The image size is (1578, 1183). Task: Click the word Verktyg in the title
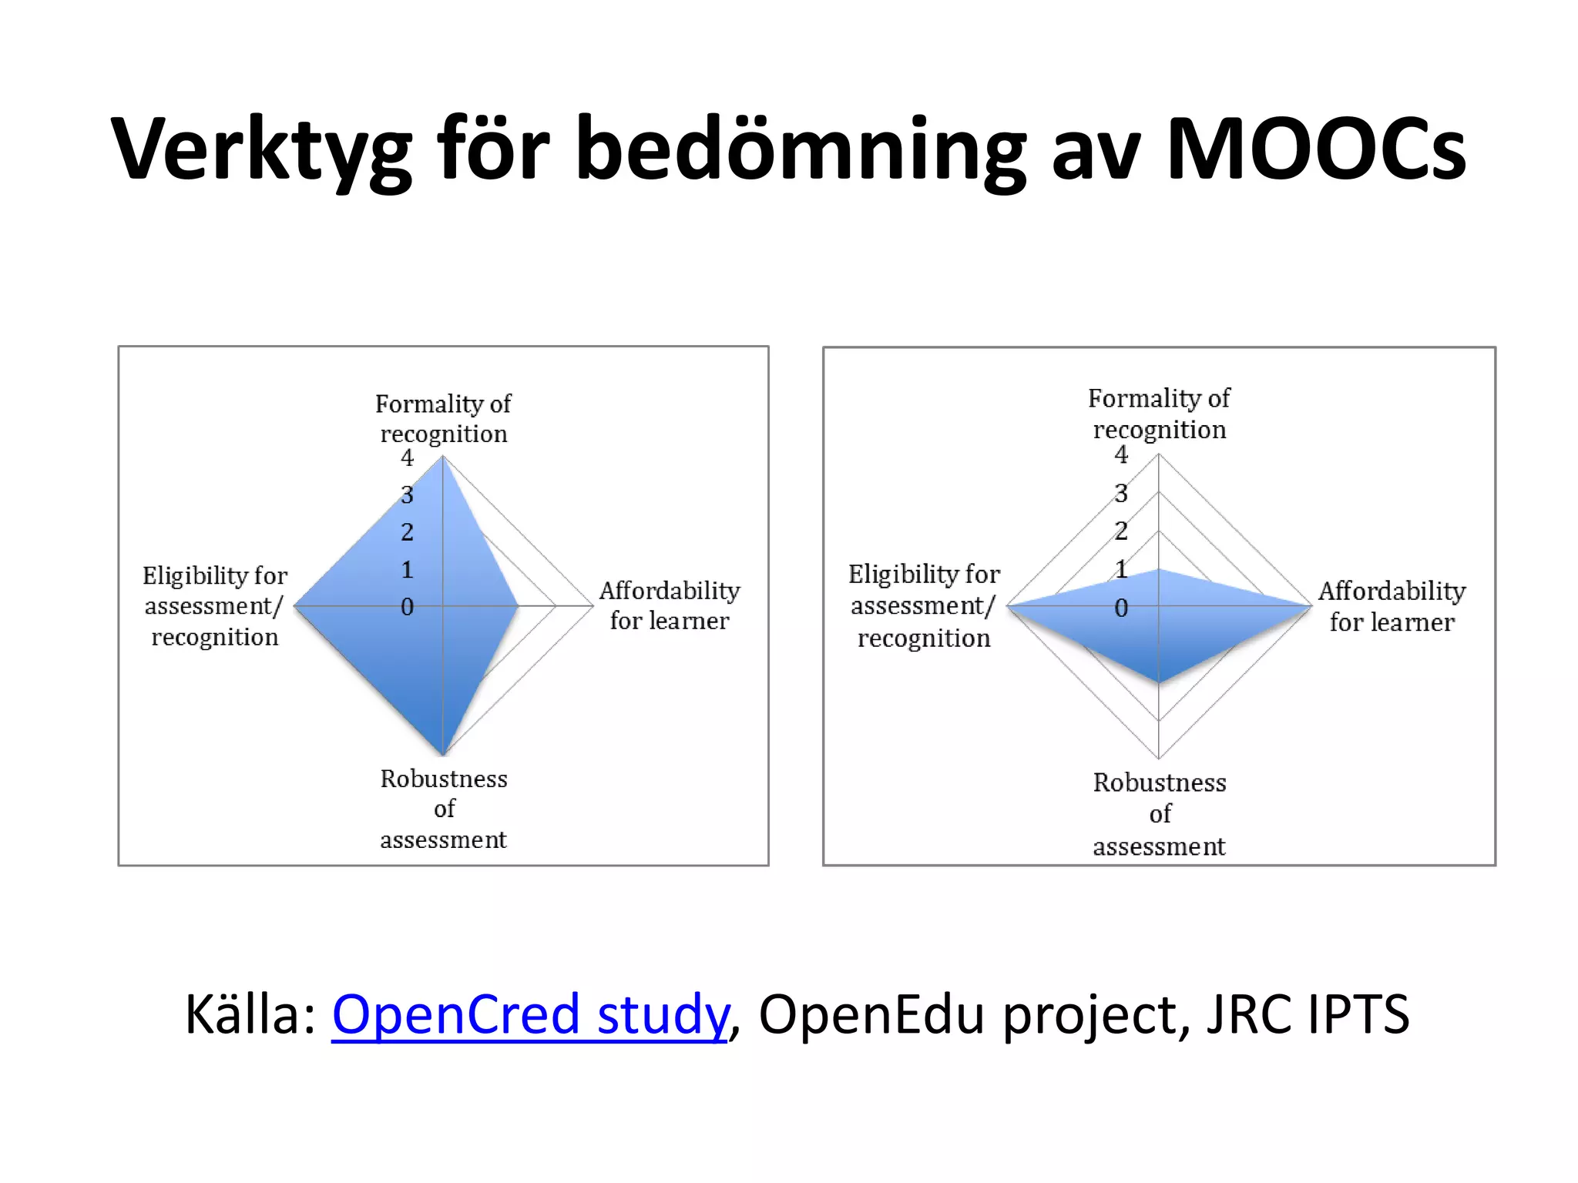[x=261, y=150]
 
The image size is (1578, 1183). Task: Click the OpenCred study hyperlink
[x=529, y=1014]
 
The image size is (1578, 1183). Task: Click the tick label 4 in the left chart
[x=408, y=458]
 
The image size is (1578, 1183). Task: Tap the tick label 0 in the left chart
[x=408, y=607]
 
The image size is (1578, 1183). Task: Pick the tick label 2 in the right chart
[x=1121, y=531]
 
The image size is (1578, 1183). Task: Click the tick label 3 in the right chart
[x=1121, y=493]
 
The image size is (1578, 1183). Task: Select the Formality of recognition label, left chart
[x=443, y=418]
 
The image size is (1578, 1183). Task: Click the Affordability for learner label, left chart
[x=670, y=605]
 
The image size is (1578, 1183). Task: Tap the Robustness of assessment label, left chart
[x=443, y=809]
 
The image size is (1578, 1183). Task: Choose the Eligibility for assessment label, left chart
[x=214, y=606]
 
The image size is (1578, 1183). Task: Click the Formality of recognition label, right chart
[x=1159, y=414]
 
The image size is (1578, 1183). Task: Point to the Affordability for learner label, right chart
[x=1392, y=606]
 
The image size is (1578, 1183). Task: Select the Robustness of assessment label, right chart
[x=1159, y=814]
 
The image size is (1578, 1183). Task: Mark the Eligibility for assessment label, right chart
[x=924, y=606]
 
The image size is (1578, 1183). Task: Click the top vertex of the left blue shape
[x=442, y=457]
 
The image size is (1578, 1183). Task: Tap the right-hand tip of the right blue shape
[x=1311, y=606]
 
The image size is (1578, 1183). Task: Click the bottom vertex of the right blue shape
[x=1159, y=682]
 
